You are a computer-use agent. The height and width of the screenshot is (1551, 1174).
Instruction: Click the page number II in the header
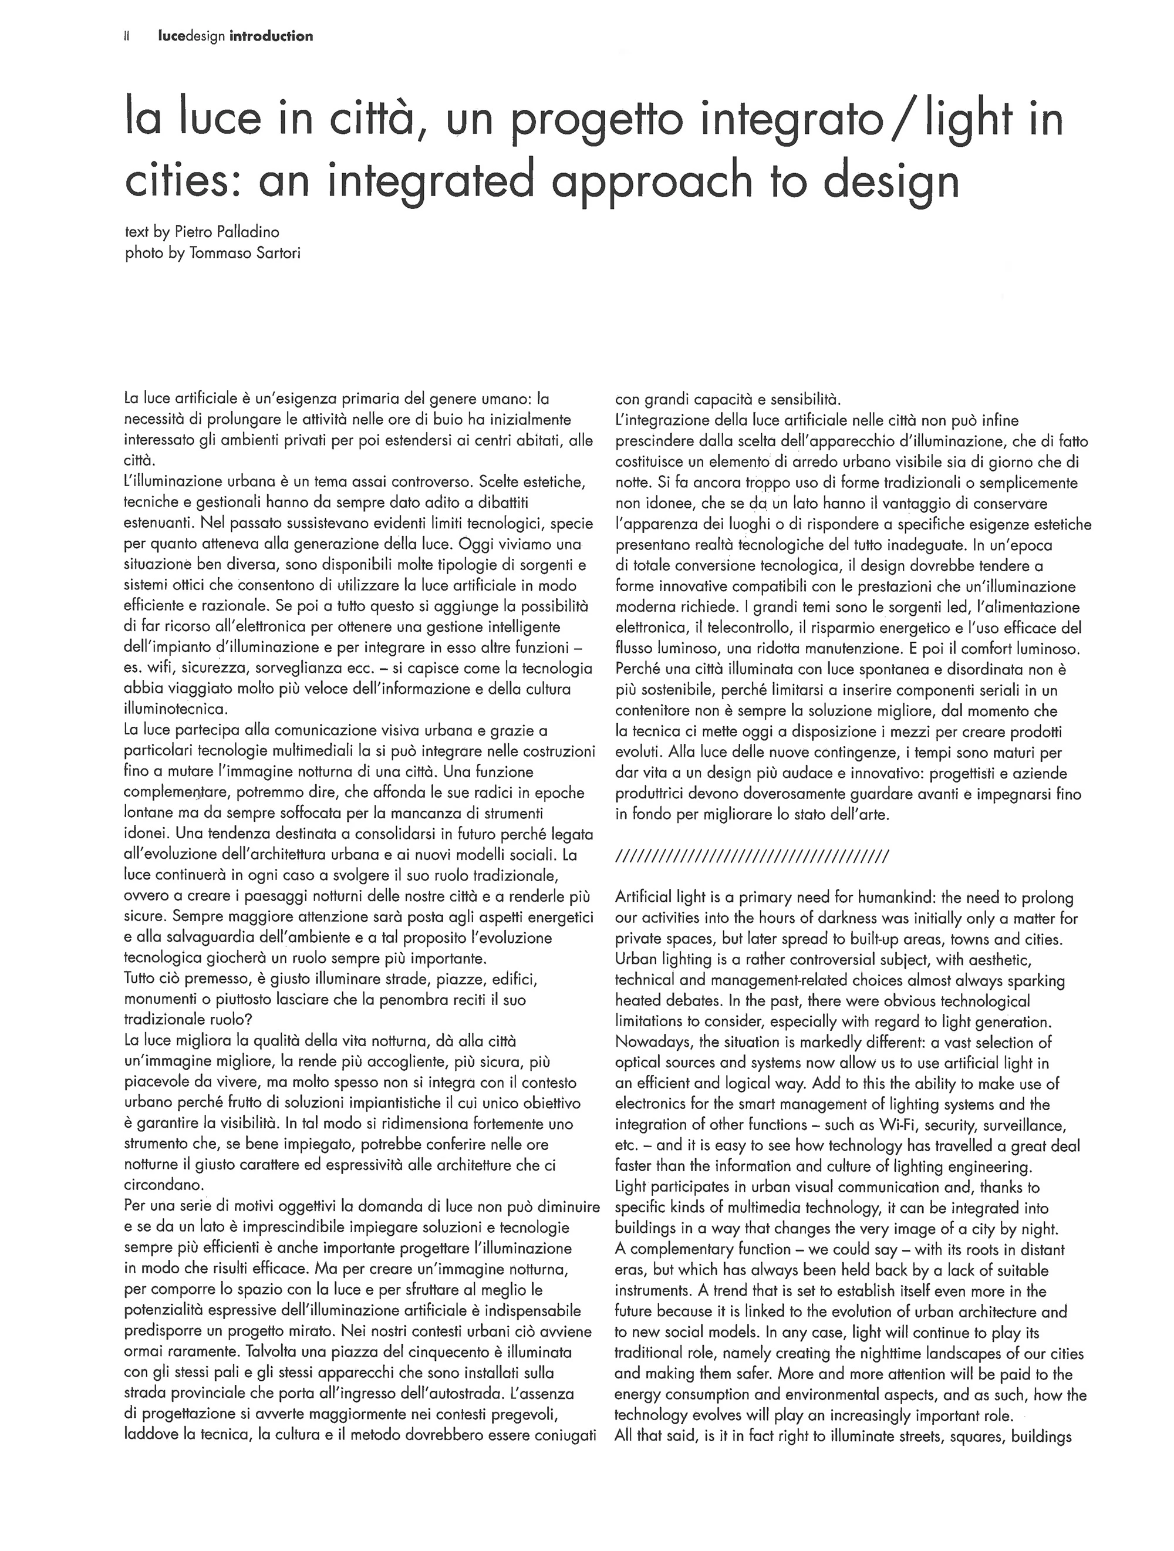pos(127,36)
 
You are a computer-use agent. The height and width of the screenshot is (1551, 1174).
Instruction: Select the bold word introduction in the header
pos(271,36)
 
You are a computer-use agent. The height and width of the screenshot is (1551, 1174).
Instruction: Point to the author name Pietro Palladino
pos(230,231)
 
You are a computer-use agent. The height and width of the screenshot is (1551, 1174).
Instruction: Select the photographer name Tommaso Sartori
pos(245,252)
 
